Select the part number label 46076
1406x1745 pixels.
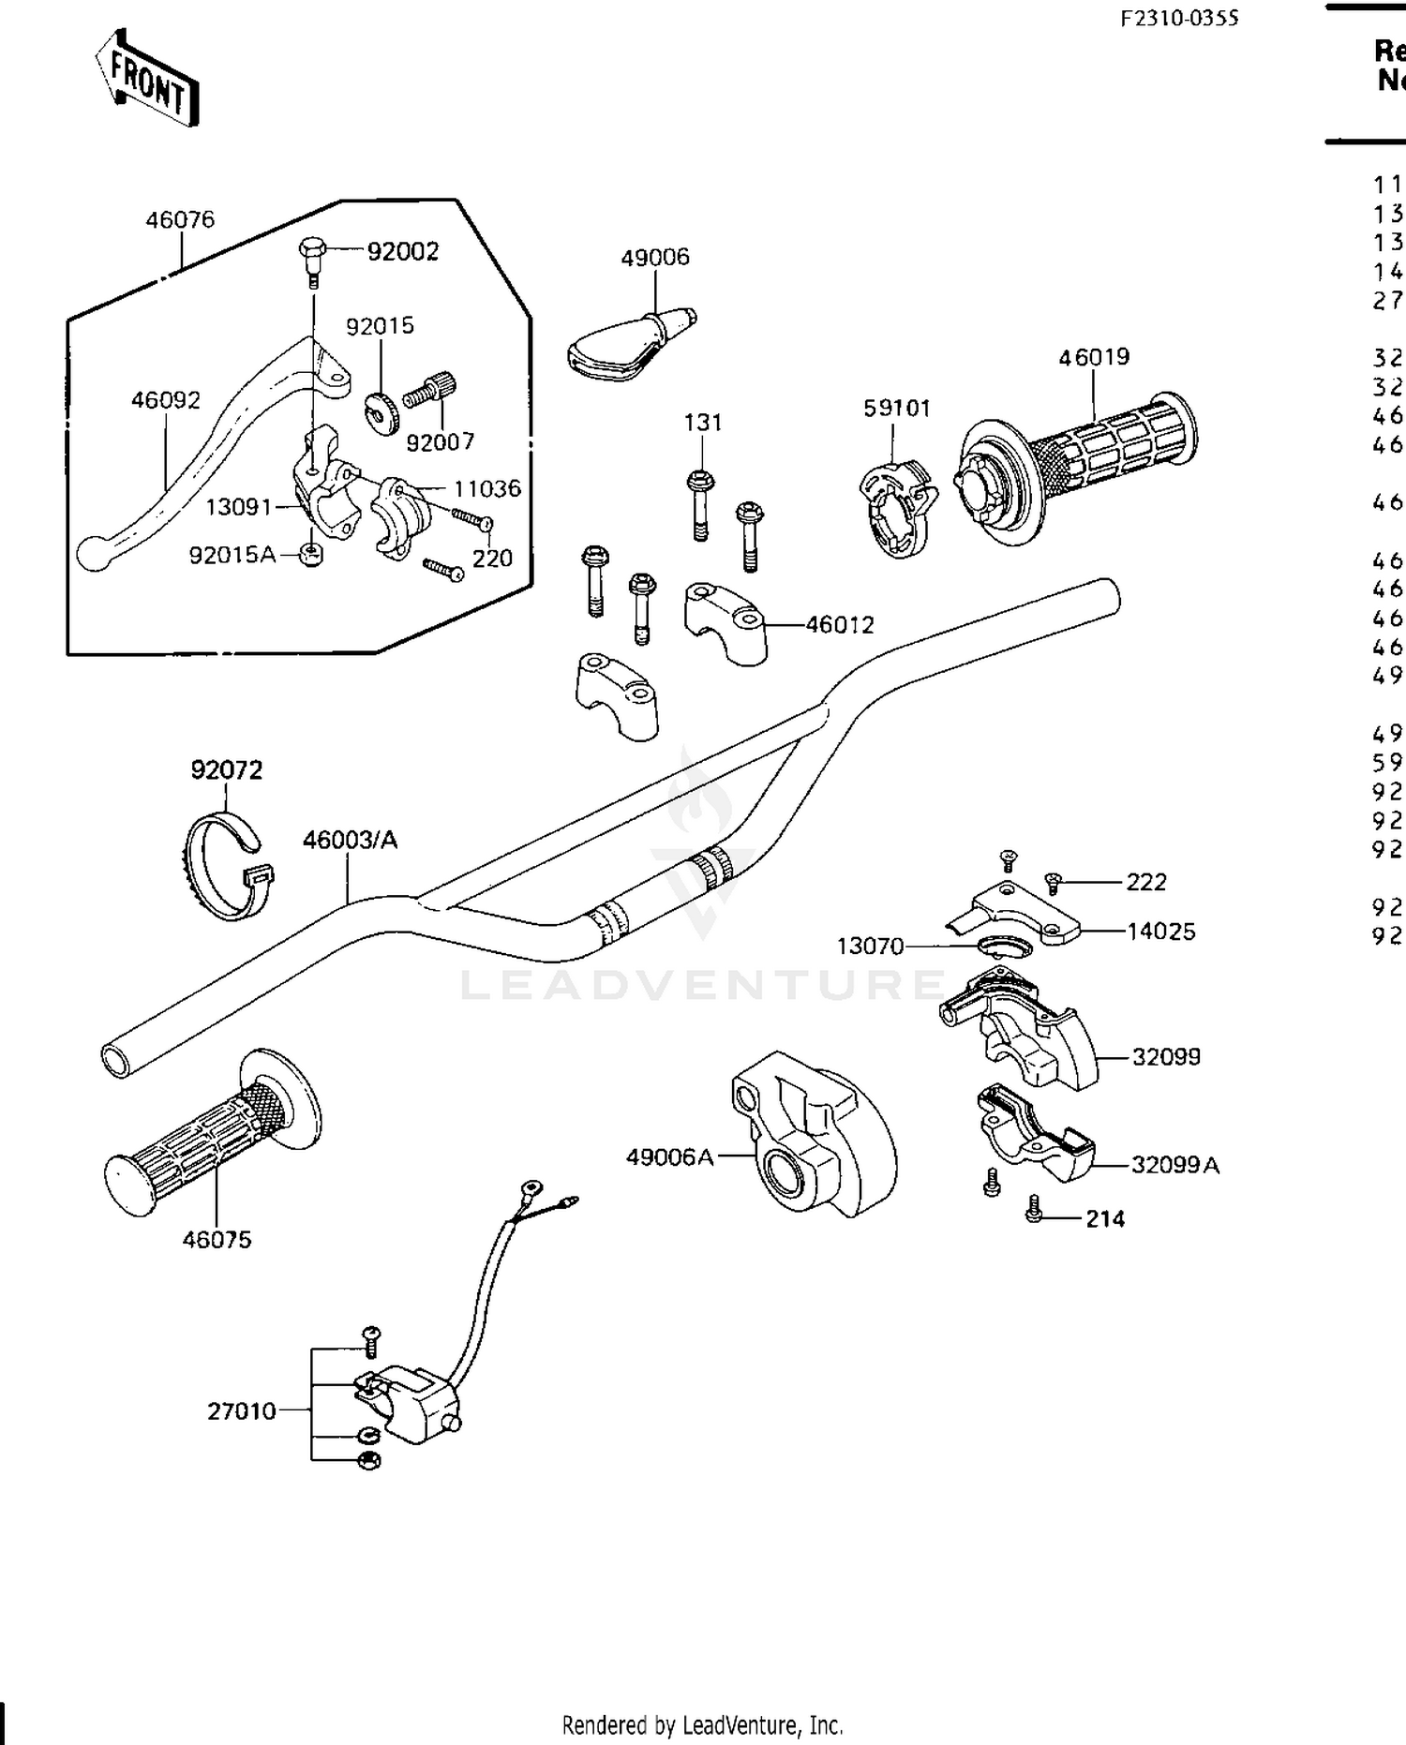180,219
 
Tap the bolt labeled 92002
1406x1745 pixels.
313,254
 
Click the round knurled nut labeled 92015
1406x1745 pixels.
381,409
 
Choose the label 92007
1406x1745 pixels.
441,441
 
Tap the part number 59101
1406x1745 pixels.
897,409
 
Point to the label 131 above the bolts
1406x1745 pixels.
703,423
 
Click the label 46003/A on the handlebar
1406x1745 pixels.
350,840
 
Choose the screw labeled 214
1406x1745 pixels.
1035,1209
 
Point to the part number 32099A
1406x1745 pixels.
1174,1165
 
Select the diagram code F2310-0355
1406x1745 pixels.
1179,18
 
